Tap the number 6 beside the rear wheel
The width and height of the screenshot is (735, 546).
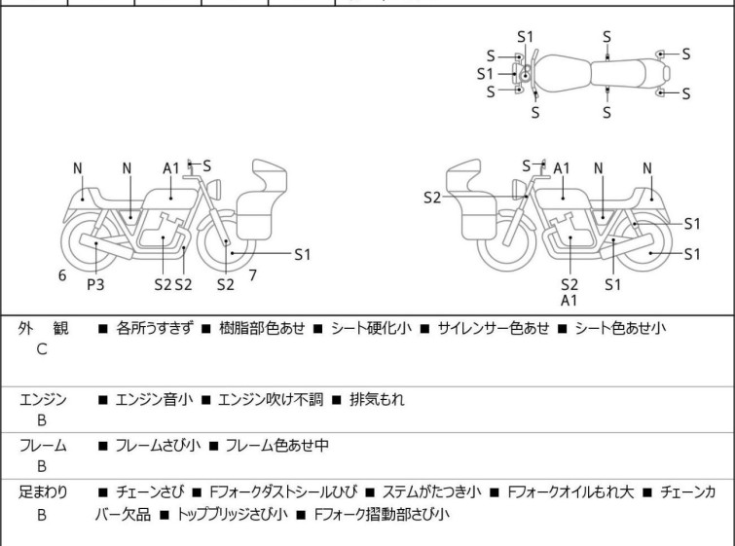(62, 275)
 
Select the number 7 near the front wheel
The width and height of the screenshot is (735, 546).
(252, 275)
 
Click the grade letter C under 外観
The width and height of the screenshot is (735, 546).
(42, 348)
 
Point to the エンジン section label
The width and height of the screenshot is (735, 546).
(43, 398)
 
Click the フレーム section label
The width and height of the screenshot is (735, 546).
(43, 446)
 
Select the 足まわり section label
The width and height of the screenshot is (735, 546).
(44, 491)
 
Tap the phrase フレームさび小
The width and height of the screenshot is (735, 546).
(158, 446)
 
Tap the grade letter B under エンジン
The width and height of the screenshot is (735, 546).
(42, 419)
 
